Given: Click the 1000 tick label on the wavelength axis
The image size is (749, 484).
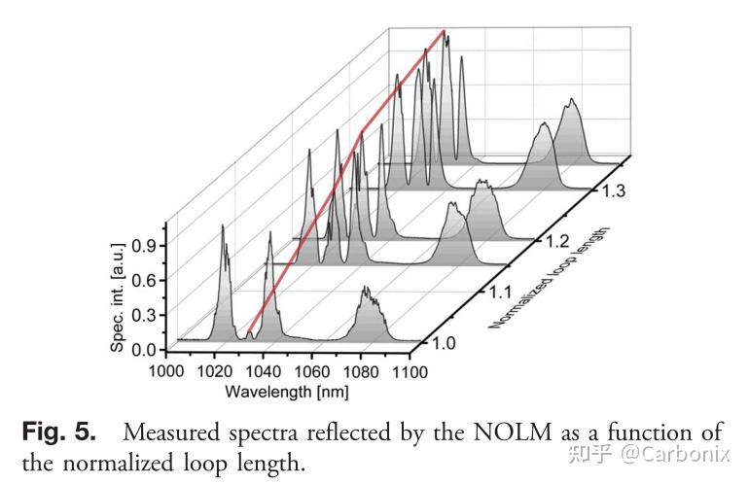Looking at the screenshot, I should click(166, 370).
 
